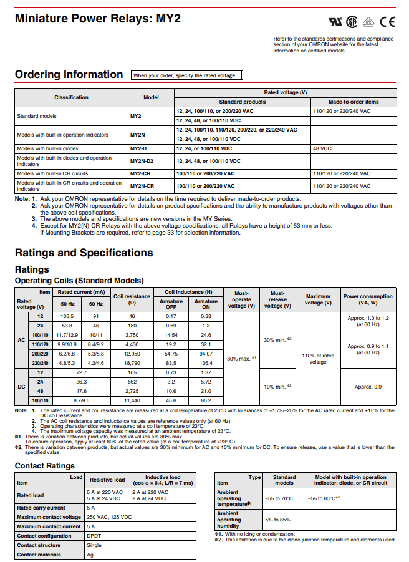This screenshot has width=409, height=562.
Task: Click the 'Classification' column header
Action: point(71,97)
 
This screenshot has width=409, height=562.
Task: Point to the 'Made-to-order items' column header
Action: point(354,102)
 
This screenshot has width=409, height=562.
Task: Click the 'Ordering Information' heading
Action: point(69,75)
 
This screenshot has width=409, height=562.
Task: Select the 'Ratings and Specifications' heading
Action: point(84,253)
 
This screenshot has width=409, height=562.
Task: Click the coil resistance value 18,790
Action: point(132,362)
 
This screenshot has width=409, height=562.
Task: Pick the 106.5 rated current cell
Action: point(65,317)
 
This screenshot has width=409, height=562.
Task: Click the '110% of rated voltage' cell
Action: point(318,358)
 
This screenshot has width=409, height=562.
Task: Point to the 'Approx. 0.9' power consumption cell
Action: point(368,387)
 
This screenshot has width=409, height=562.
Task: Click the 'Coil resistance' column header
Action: point(132,299)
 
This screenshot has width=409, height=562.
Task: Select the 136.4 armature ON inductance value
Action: point(206,362)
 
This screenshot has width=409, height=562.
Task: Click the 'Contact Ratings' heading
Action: point(44,466)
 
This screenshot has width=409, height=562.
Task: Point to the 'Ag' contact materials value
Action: point(90,555)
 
